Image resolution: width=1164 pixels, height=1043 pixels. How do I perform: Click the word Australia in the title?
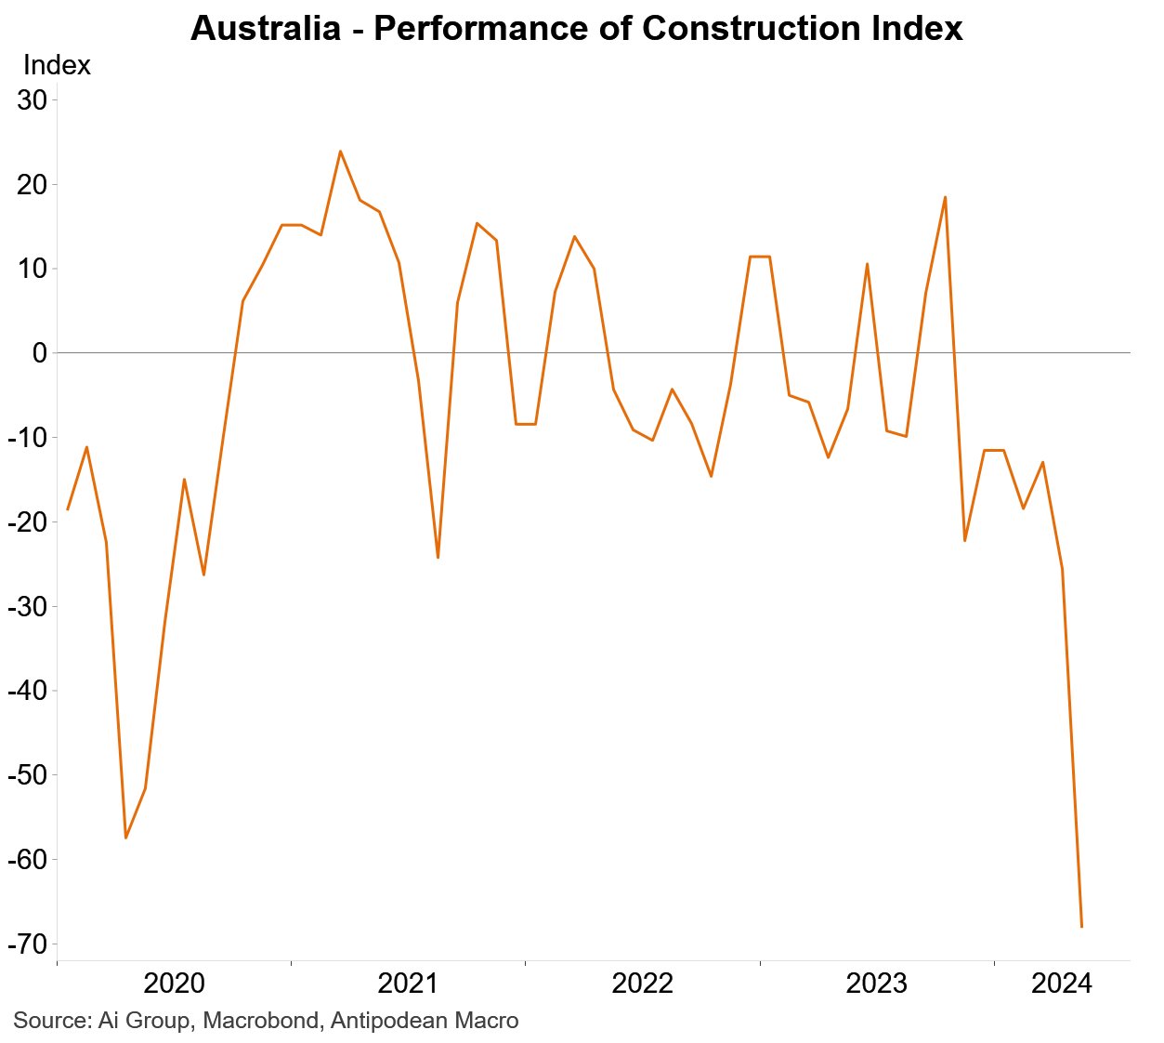click(x=265, y=29)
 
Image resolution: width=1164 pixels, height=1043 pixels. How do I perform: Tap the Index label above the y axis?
click(x=57, y=66)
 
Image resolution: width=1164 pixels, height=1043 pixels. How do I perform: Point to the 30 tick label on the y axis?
click(x=32, y=100)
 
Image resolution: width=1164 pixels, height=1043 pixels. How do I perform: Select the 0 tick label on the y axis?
click(x=39, y=353)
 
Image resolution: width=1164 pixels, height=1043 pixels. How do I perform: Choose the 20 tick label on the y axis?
click(x=32, y=185)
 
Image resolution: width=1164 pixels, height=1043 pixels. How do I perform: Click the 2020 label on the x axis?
click(x=174, y=983)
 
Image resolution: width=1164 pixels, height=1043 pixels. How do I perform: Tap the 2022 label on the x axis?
click(x=642, y=983)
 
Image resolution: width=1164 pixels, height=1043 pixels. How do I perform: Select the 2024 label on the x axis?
click(x=1062, y=983)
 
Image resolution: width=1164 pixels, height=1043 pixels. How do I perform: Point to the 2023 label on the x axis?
click(x=876, y=983)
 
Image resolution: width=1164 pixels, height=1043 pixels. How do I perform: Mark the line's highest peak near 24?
click(x=340, y=151)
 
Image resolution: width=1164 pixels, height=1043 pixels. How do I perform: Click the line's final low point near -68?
click(x=1081, y=926)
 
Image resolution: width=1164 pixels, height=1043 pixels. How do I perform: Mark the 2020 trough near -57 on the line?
click(x=125, y=838)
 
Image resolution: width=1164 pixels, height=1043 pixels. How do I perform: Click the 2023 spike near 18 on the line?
click(x=945, y=197)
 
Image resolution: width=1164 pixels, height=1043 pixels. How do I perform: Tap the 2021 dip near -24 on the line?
click(x=438, y=557)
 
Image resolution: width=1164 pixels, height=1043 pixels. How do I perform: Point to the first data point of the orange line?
click(x=67, y=509)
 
